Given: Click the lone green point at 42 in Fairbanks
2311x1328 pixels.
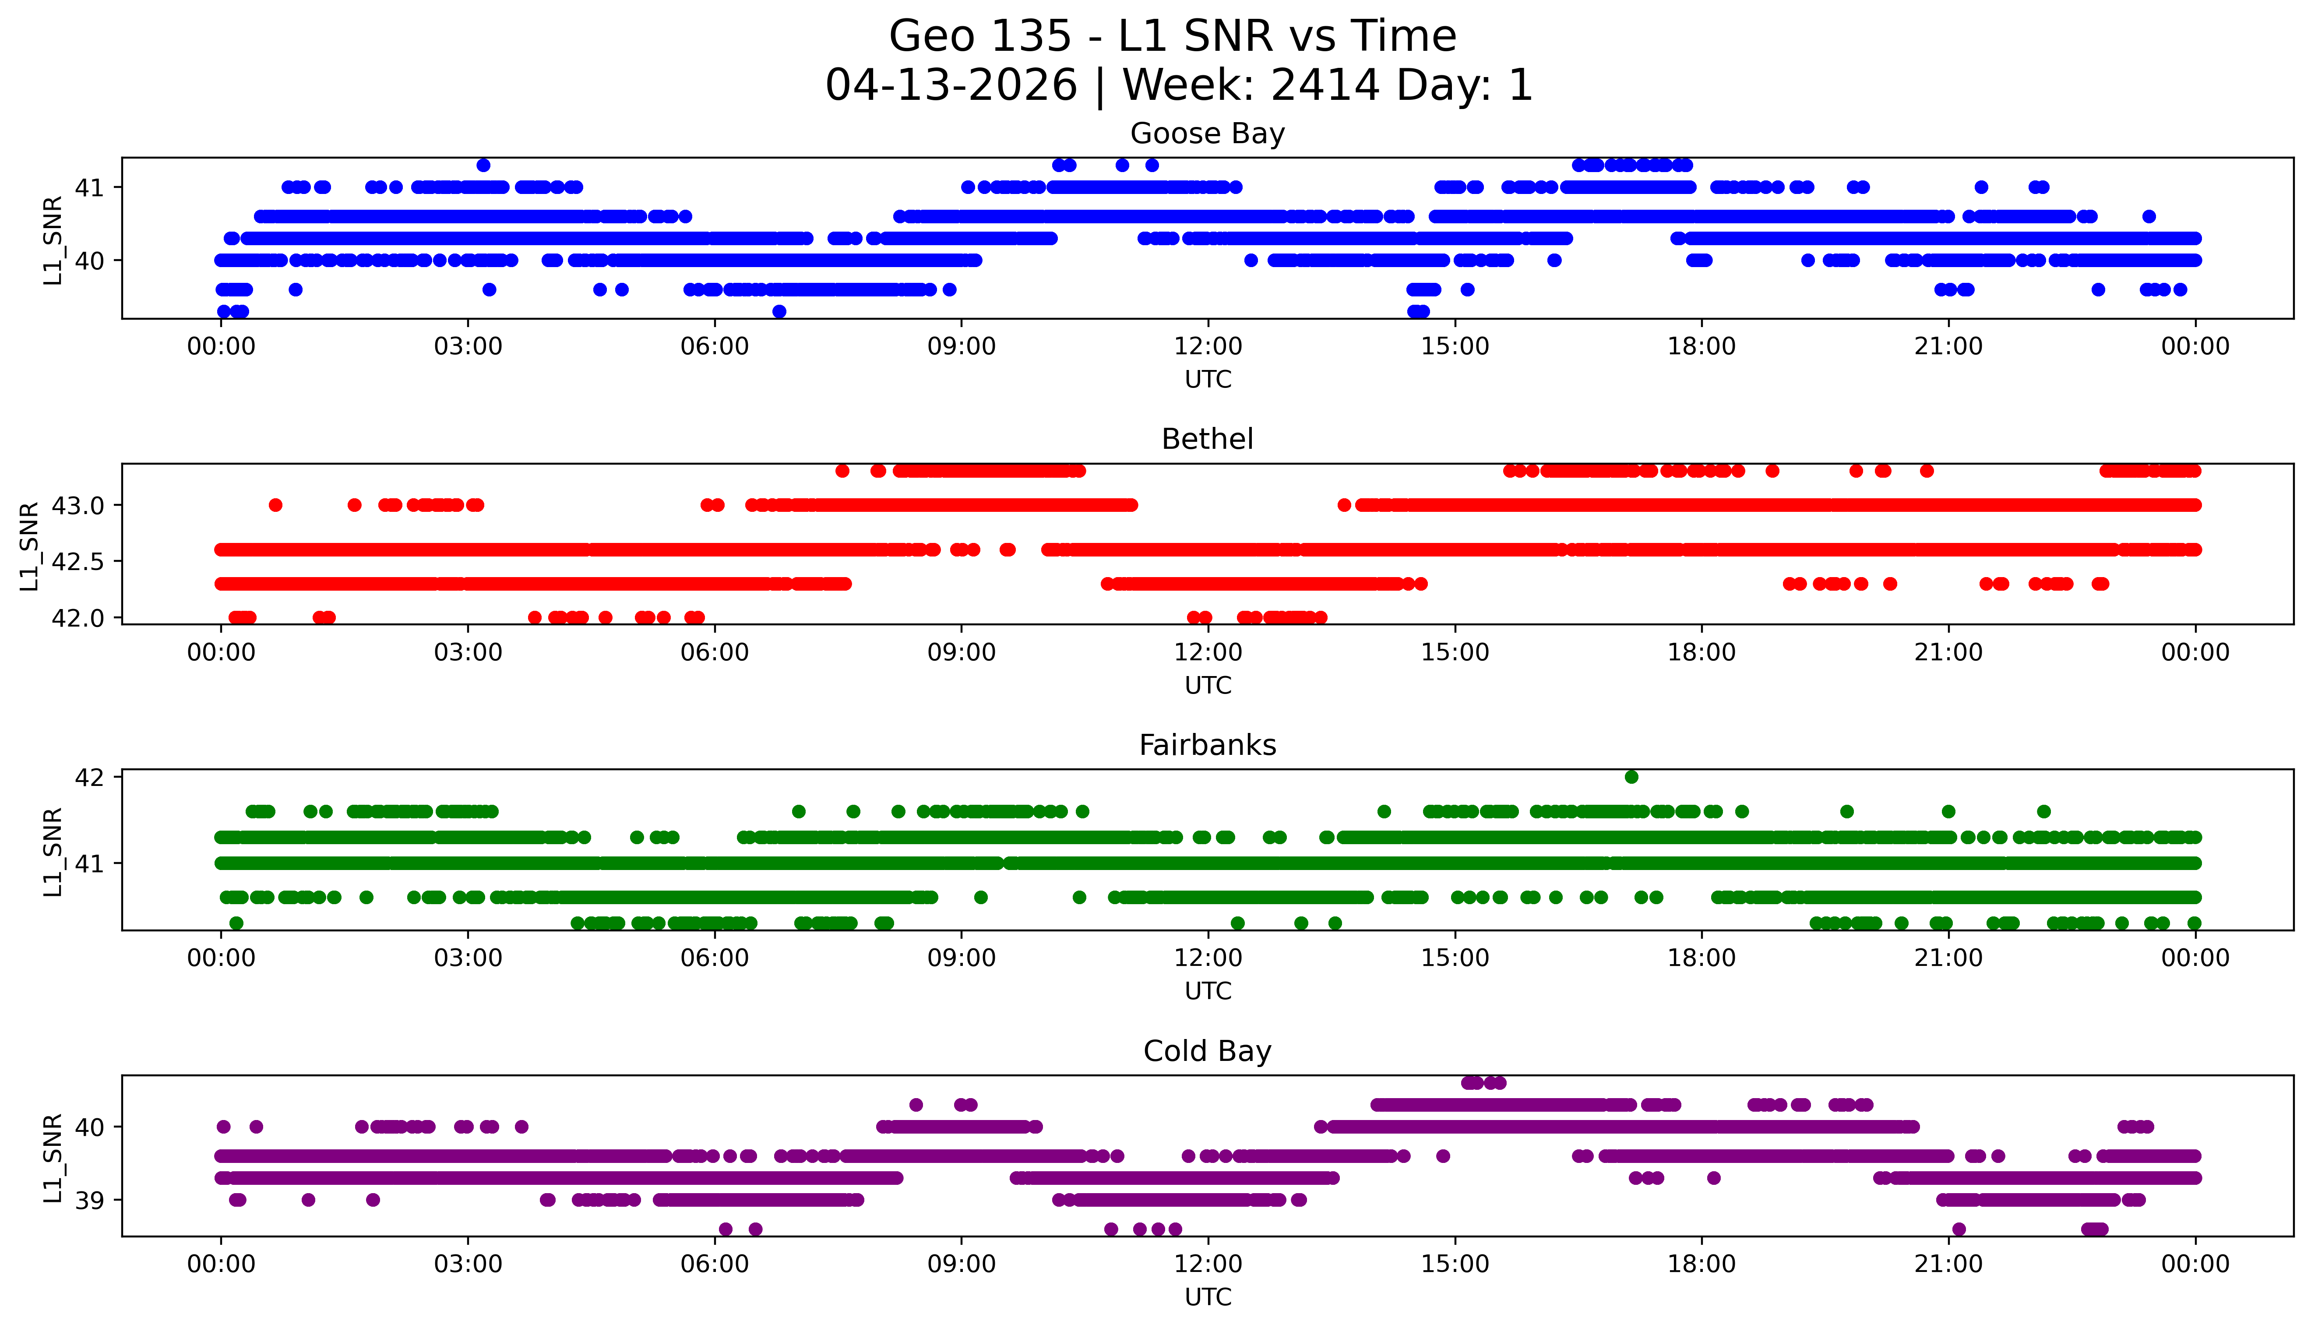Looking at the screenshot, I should coord(1631,777).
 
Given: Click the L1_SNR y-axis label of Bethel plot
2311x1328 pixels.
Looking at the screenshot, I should coord(29,546).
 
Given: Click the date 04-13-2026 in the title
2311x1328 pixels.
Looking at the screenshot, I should coord(951,86).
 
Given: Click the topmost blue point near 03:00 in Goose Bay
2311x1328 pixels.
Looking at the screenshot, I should coord(483,165).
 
